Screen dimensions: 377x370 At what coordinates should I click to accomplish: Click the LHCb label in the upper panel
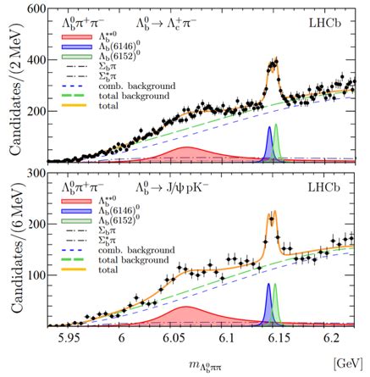tap(333, 18)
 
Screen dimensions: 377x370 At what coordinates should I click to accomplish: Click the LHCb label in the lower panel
tap(333, 182)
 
